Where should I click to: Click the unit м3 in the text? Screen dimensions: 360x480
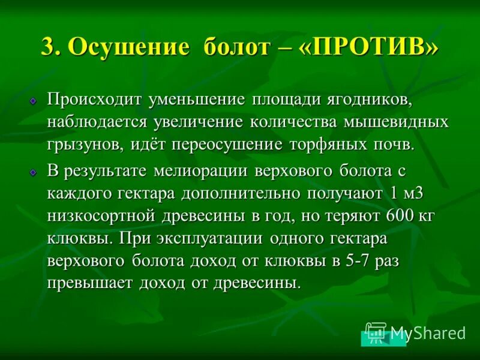[418, 194]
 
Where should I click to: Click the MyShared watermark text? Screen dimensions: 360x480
[428, 333]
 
